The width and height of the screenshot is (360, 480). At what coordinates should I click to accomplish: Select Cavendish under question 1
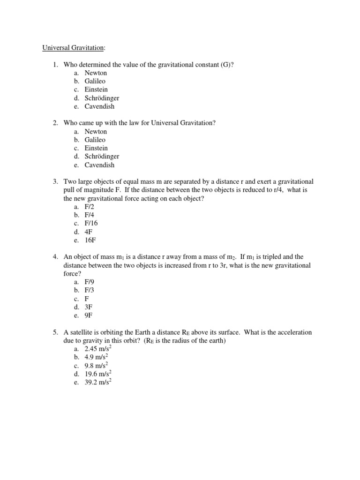(99, 106)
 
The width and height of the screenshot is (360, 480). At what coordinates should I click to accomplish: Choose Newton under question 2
(96, 132)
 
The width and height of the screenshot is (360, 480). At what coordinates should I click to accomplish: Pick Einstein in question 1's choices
(96, 90)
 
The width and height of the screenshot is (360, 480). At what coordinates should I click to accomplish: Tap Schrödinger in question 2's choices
(102, 157)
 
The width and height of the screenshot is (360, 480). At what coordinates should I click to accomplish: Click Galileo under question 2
(95, 140)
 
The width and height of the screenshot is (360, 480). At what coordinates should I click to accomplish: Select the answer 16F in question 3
(90, 240)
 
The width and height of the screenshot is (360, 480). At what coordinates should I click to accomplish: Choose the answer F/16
(91, 223)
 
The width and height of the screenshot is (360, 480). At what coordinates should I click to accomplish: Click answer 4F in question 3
(89, 232)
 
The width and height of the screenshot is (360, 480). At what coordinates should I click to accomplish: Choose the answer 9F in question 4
(89, 315)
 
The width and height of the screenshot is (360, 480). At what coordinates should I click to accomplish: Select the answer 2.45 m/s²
(97, 349)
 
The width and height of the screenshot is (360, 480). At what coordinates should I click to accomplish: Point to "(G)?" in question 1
(226, 64)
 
